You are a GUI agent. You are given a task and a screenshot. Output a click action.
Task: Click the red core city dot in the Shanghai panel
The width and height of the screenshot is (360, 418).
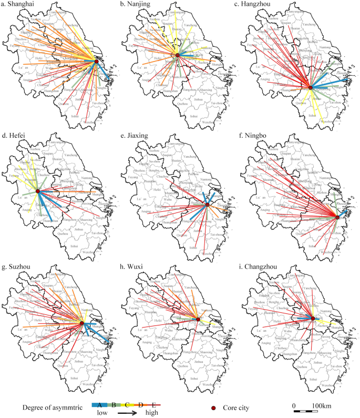tap(97, 62)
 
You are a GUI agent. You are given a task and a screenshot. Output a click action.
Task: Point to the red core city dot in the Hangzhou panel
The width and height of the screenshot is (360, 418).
tap(311, 88)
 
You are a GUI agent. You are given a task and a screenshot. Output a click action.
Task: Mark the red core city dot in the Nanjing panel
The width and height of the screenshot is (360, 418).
tap(178, 55)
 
